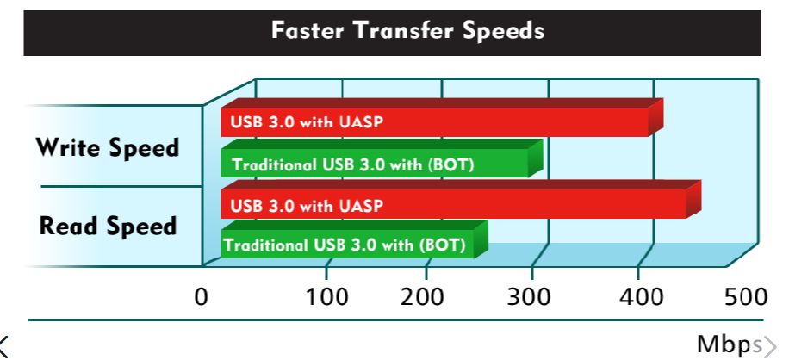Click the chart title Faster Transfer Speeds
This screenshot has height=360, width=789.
click(x=407, y=31)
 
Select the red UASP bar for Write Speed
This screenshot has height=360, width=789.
click(x=442, y=117)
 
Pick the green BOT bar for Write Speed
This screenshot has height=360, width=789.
click(x=382, y=158)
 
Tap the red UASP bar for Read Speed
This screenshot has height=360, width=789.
click(x=461, y=200)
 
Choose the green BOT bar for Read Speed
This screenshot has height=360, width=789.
click(x=354, y=239)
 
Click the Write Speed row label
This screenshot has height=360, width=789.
click(x=108, y=148)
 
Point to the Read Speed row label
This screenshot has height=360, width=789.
click(x=109, y=226)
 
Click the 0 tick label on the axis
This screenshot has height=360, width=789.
click(x=201, y=296)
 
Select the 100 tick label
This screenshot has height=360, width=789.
click(x=327, y=296)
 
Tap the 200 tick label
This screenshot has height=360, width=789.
click(x=422, y=296)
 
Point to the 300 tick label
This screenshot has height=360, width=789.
click(x=529, y=296)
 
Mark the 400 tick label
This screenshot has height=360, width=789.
click(x=641, y=296)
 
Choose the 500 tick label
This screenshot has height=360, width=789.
click(x=746, y=296)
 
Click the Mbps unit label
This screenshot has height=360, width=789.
click(x=730, y=344)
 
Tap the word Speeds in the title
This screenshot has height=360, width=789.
click(x=504, y=31)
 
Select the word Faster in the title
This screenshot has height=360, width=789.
click(x=308, y=30)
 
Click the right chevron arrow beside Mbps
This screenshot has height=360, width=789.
click(x=771, y=345)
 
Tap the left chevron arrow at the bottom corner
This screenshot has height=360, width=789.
click(x=4, y=346)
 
